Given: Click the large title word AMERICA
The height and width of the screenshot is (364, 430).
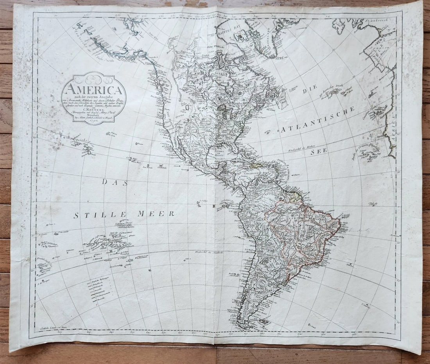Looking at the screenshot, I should [93, 89].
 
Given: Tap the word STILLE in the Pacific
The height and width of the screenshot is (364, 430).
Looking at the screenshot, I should [100, 215].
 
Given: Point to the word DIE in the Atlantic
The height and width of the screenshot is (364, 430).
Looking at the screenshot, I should [309, 91].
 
